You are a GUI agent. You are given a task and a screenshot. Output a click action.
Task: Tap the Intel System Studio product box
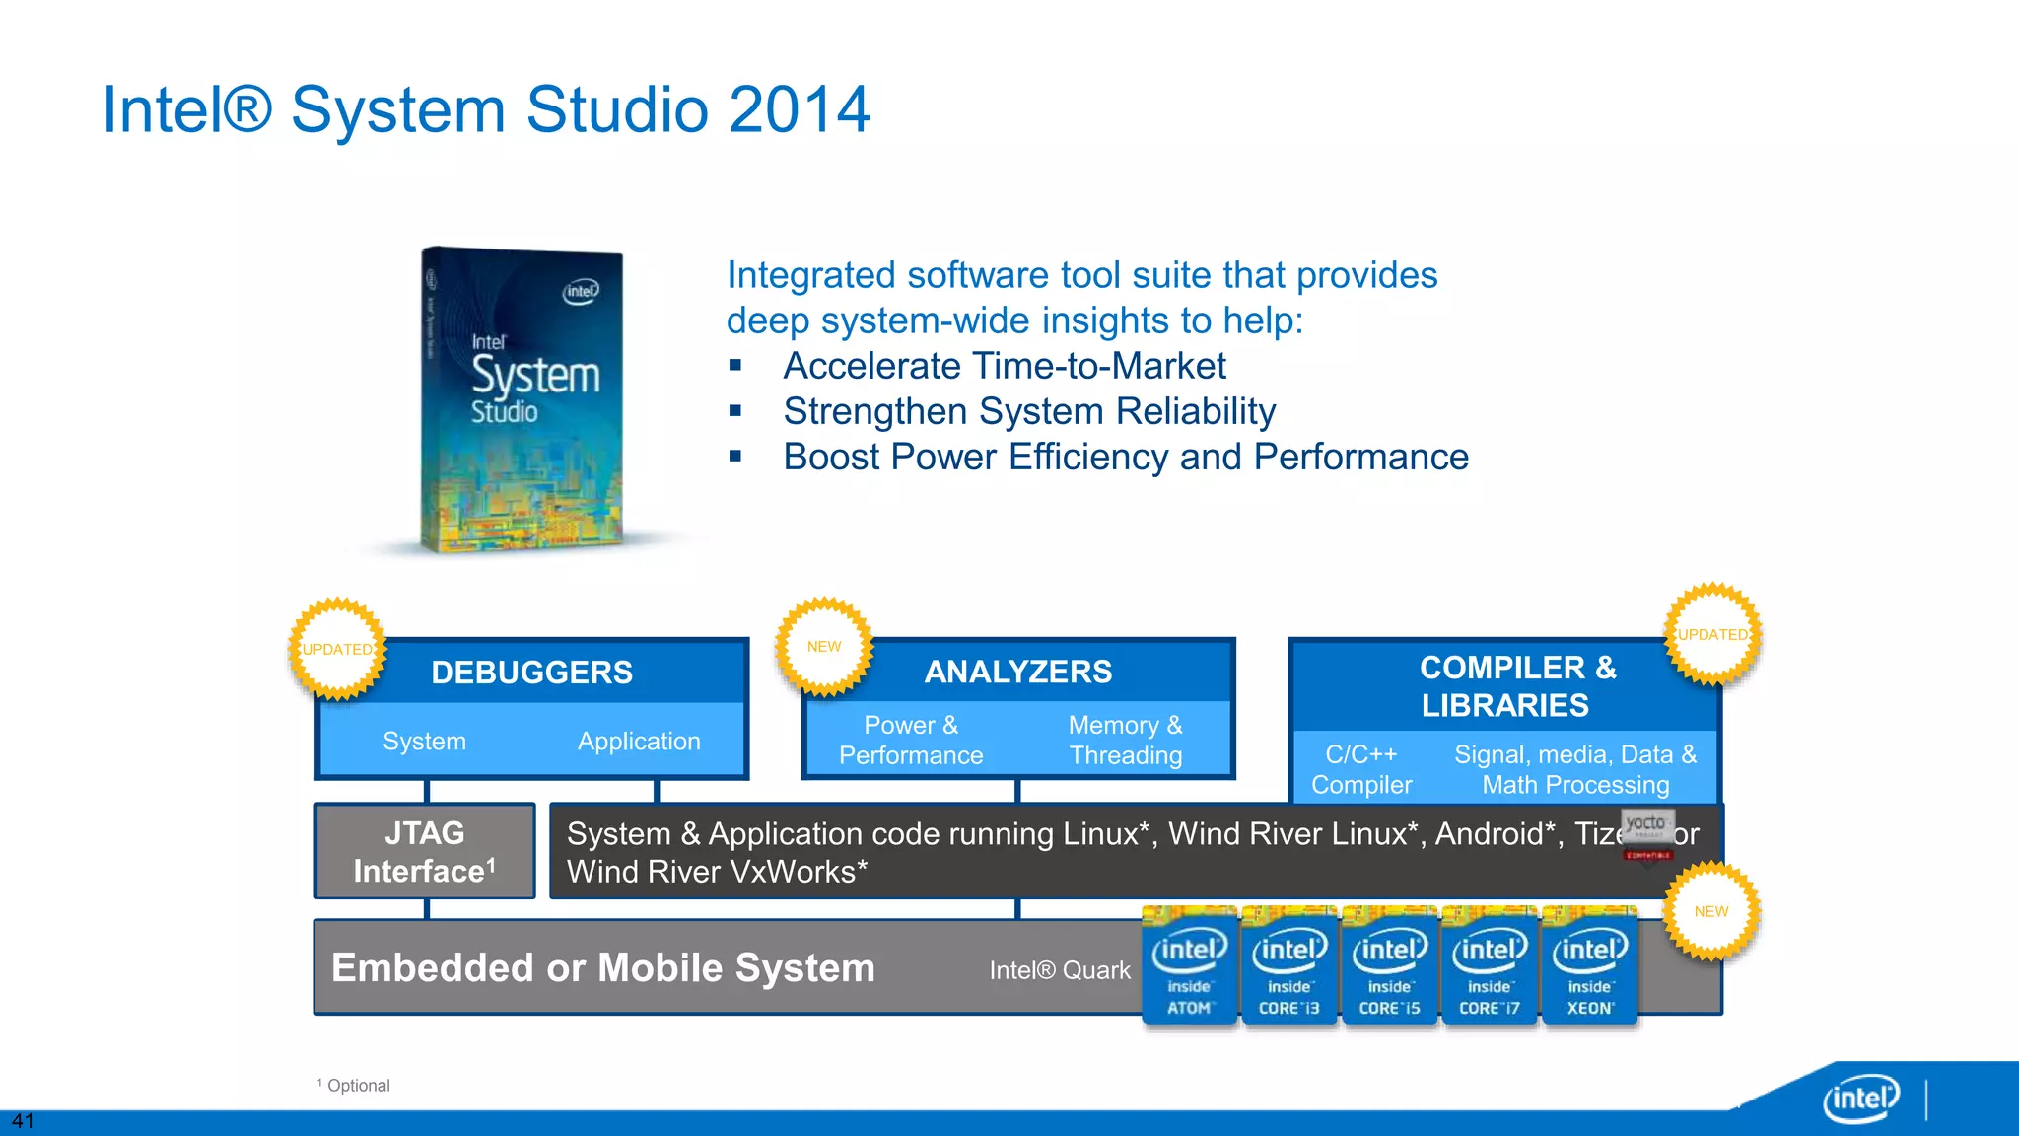(x=522, y=399)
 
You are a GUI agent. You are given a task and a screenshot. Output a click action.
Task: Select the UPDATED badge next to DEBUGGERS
(x=338, y=649)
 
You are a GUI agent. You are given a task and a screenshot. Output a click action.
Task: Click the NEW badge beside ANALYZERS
(x=824, y=647)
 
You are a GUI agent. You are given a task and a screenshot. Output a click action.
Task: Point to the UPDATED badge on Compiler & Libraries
(x=1713, y=635)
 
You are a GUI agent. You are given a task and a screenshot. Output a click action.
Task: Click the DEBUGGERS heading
(x=531, y=673)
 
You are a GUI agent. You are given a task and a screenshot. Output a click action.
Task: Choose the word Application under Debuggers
(x=639, y=742)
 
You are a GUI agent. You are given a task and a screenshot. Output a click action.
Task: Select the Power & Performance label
(x=910, y=741)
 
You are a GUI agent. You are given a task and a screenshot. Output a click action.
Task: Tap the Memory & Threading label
(x=1125, y=741)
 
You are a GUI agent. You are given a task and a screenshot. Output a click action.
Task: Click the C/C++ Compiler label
(x=1360, y=770)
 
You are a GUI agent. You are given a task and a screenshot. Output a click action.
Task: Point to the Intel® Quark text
(x=1060, y=970)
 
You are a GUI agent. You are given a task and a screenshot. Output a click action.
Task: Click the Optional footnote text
(x=358, y=1086)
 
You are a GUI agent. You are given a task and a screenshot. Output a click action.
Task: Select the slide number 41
(x=23, y=1121)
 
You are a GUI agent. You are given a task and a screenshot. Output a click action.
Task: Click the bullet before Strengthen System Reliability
(x=735, y=411)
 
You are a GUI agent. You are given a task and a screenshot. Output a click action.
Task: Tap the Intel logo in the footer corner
(x=1860, y=1098)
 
